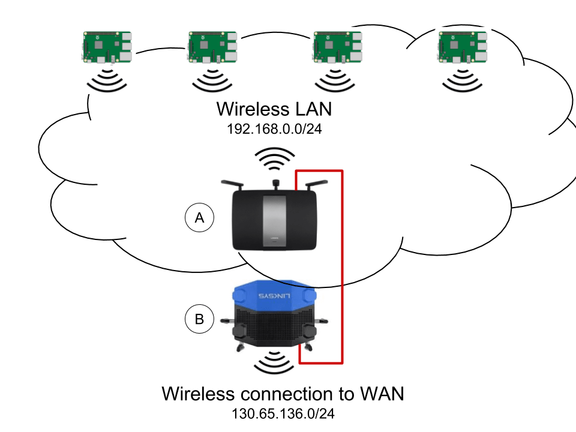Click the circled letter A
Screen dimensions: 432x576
(x=199, y=218)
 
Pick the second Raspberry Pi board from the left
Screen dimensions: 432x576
(x=212, y=47)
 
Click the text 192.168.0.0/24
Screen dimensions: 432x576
(x=274, y=128)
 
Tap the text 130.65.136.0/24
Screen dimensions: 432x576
(x=283, y=414)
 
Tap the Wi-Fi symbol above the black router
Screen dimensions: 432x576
(x=274, y=159)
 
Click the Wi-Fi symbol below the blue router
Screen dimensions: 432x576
(x=275, y=362)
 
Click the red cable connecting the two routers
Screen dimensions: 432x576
(x=342, y=264)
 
